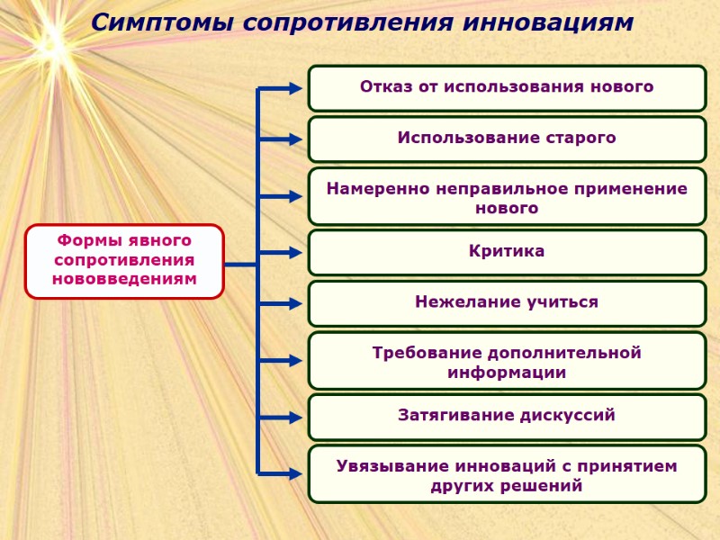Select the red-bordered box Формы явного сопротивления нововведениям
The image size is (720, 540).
point(124,261)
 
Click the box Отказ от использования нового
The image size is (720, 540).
point(507,87)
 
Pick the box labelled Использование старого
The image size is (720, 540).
point(507,139)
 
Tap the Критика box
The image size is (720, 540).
point(507,252)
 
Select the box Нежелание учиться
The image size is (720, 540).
point(507,302)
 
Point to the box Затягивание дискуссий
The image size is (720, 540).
point(507,416)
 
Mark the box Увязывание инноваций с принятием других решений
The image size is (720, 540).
point(507,473)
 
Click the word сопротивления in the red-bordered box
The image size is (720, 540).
point(124,260)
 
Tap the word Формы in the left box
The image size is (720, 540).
point(86,241)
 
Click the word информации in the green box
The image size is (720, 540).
point(507,372)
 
